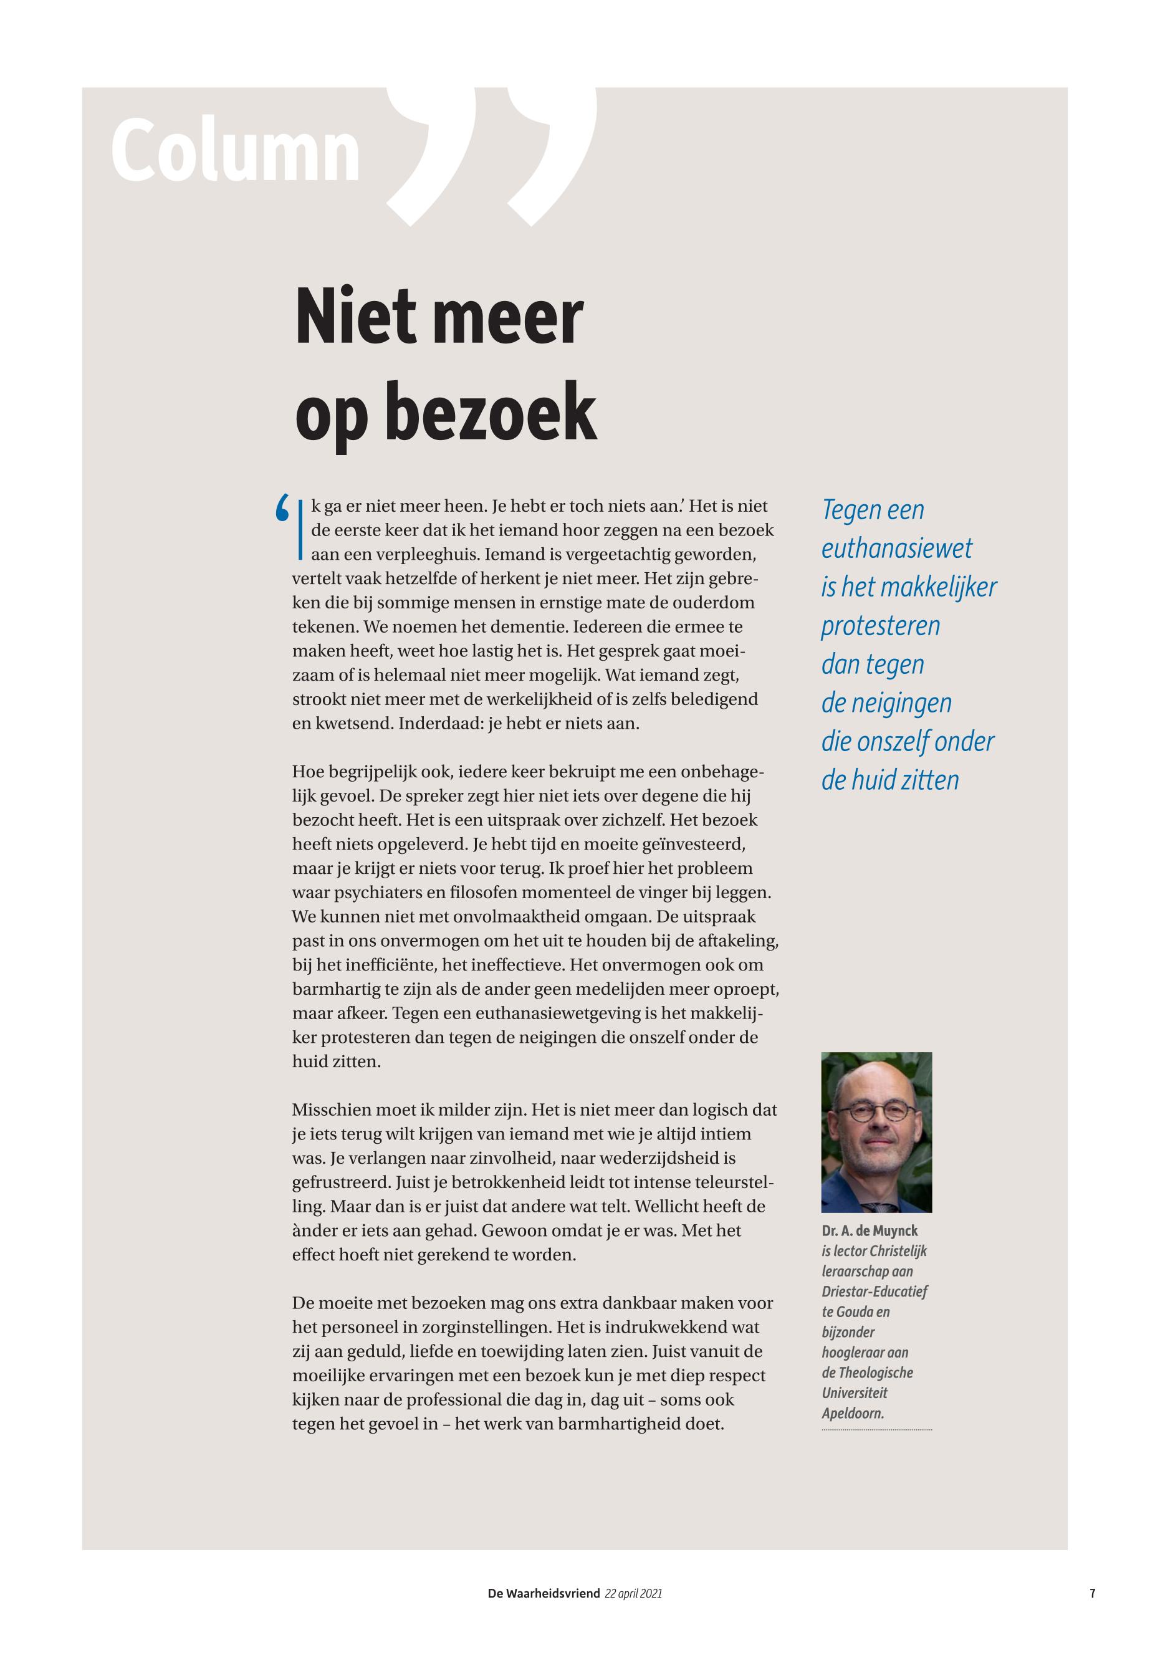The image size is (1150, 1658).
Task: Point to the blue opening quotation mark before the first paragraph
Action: click(282, 509)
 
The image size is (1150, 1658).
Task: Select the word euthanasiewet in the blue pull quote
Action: click(896, 549)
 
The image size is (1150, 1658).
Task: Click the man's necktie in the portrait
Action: click(879, 1207)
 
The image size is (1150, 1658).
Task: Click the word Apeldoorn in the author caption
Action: click(853, 1413)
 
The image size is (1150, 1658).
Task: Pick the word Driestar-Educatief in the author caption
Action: click(874, 1291)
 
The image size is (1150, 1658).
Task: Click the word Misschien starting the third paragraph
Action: click(332, 1110)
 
